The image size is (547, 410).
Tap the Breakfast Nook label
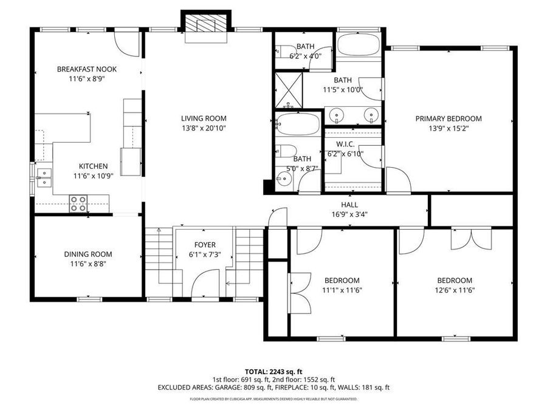(x=87, y=69)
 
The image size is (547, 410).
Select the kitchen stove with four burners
(x=78, y=203)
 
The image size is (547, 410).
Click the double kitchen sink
(x=43, y=177)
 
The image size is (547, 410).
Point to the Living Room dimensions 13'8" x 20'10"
(x=204, y=128)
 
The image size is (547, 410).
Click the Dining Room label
(x=88, y=255)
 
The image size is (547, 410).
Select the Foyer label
(x=204, y=245)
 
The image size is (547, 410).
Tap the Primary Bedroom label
(x=449, y=118)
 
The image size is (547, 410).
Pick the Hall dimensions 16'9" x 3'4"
(x=349, y=214)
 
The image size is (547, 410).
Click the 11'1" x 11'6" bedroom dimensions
(x=342, y=290)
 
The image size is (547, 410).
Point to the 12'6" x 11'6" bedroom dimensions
(x=455, y=290)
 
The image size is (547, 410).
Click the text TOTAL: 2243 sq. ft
(x=273, y=371)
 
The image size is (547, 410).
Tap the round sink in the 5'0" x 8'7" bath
(x=283, y=178)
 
